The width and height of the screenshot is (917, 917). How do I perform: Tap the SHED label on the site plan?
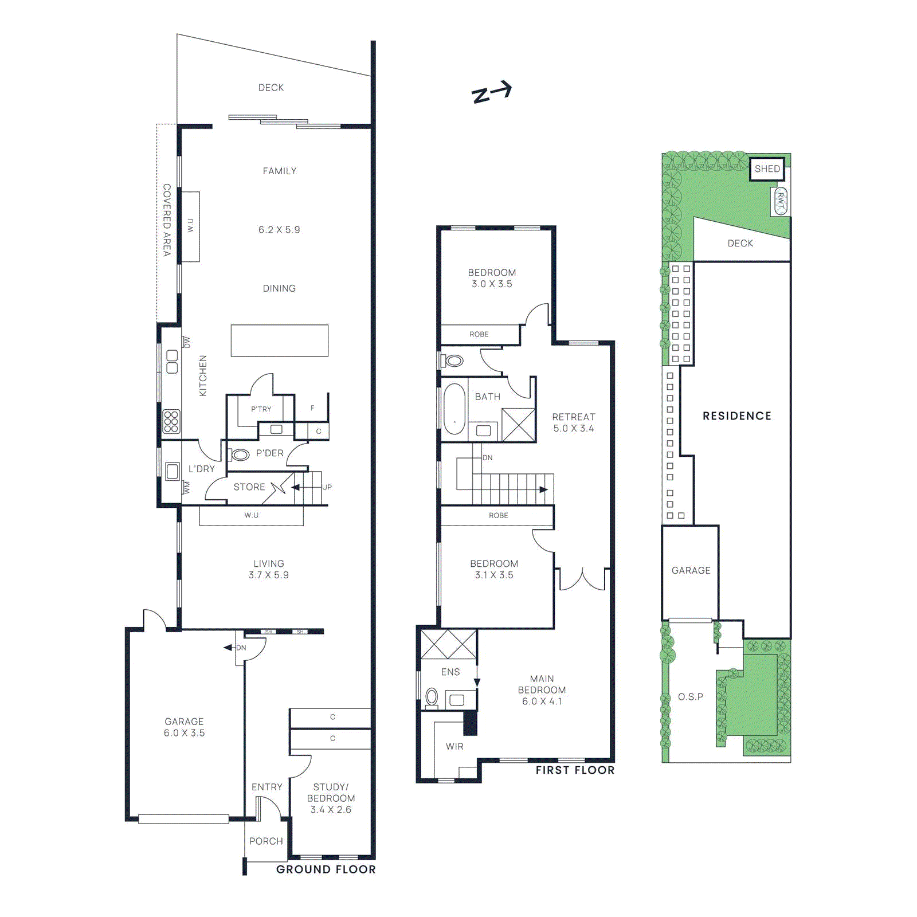(767, 169)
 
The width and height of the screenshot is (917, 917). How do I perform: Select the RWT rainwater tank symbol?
(781, 201)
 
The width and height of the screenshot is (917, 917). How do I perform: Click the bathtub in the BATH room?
(454, 409)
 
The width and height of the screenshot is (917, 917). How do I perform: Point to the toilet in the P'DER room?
(240, 455)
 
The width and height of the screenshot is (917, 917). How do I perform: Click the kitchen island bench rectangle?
(280, 341)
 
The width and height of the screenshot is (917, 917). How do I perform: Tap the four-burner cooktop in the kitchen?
(171, 421)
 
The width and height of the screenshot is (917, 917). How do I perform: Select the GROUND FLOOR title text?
(326, 869)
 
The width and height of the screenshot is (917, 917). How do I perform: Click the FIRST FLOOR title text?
(575, 770)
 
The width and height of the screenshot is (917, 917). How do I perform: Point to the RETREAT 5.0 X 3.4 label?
(574, 423)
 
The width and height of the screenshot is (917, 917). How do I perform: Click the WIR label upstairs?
(454, 746)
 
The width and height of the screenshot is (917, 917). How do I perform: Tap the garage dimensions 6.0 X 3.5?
(184, 733)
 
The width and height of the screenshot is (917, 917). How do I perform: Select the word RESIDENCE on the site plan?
(737, 416)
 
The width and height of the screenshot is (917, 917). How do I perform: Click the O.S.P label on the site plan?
(690, 697)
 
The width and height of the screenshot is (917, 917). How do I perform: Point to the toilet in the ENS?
(432, 697)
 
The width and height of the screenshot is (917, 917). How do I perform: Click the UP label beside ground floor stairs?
(327, 487)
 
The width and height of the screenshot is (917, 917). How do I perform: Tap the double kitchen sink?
(172, 362)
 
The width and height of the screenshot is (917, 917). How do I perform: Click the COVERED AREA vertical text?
(167, 220)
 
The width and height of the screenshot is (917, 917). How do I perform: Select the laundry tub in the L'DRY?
(172, 472)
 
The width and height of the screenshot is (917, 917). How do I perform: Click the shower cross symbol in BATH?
(518, 425)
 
